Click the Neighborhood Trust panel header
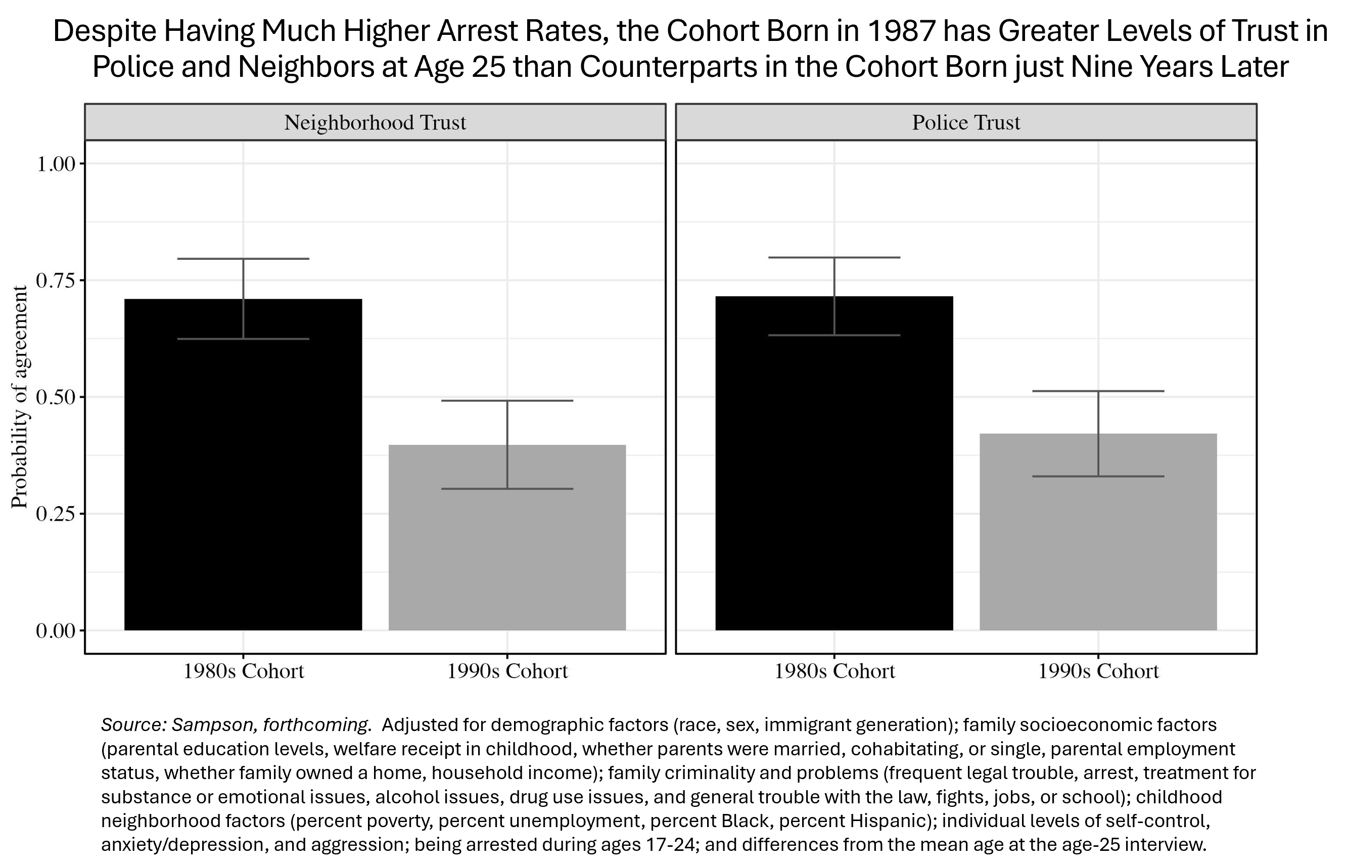[x=375, y=123]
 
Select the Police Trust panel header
[x=966, y=123]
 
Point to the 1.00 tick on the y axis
[x=56, y=164]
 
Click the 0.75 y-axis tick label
[x=56, y=281]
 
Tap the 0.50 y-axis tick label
[x=56, y=397]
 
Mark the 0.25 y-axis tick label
[x=56, y=514]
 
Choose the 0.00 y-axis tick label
[x=56, y=631]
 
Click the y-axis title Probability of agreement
[x=20, y=397]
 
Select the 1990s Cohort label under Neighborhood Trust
[x=507, y=671]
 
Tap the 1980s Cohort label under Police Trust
[x=834, y=671]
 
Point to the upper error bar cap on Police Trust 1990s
[x=1098, y=391]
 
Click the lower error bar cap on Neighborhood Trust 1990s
[x=507, y=489]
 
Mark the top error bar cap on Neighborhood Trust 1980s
[x=243, y=259]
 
